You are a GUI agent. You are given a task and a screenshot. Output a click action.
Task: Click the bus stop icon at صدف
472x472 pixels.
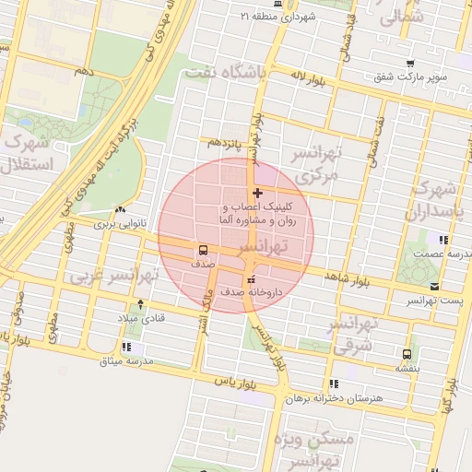click(x=203, y=250)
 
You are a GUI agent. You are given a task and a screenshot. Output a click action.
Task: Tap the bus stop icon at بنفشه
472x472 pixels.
click(x=407, y=353)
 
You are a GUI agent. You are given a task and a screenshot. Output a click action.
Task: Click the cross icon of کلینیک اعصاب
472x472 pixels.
click(x=256, y=194)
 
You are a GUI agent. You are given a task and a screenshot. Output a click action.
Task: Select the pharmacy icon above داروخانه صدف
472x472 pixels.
click(x=250, y=279)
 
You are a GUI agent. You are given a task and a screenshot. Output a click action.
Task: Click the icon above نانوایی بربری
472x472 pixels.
click(x=120, y=209)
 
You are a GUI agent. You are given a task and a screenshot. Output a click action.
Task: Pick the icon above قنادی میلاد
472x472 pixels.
click(x=139, y=304)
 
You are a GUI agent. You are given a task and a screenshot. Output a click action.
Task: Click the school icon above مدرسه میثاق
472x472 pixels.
click(x=126, y=348)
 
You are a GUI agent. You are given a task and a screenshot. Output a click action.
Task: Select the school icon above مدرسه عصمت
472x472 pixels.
click(x=443, y=241)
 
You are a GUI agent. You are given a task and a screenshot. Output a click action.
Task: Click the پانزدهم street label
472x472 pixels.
click(x=226, y=143)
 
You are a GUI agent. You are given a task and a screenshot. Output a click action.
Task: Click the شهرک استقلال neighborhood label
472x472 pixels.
click(x=30, y=153)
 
